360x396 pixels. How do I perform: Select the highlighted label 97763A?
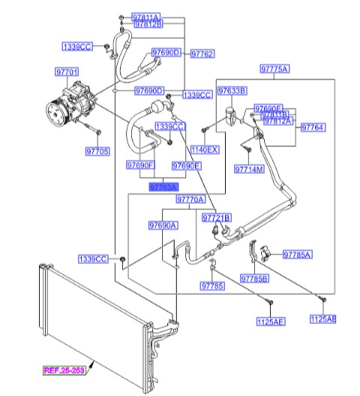(163, 187)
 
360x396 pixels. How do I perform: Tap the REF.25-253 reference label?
(64, 370)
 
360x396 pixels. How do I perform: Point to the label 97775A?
(274, 68)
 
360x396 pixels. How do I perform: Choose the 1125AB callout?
(322, 319)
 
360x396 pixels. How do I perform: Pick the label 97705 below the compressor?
(97, 151)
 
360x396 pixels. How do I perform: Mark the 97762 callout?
(202, 54)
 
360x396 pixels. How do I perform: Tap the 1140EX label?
(204, 150)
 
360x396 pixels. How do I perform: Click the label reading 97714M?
(249, 170)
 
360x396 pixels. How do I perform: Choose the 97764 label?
(313, 128)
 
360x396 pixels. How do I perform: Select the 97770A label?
(190, 200)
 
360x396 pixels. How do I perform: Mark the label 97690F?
(140, 165)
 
